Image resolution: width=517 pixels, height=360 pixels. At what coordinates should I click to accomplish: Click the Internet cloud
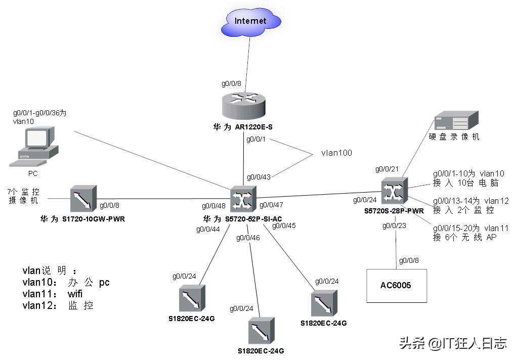pyautogui.click(x=250, y=22)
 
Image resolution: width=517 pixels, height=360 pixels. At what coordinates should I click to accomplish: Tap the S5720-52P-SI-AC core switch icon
pyautogui.click(x=243, y=199)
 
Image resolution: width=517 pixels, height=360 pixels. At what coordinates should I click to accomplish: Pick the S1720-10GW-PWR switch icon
pyautogui.click(x=83, y=199)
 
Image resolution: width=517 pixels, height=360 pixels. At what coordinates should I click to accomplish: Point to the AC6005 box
pyautogui.click(x=396, y=286)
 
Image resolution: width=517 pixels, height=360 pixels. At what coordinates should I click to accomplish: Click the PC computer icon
pyautogui.click(x=34, y=148)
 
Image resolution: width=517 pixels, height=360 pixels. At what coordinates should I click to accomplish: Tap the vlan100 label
pyautogui.click(x=336, y=153)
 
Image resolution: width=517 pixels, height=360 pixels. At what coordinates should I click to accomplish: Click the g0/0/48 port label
pyautogui.click(x=214, y=206)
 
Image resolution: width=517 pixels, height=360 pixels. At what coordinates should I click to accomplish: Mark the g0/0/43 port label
pyautogui.click(x=259, y=177)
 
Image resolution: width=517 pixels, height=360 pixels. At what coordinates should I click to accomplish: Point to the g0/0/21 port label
pyautogui.click(x=387, y=168)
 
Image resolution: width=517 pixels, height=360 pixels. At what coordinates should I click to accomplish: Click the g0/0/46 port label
pyautogui.click(x=248, y=237)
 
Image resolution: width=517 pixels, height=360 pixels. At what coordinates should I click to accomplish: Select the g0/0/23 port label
pyautogui.click(x=395, y=226)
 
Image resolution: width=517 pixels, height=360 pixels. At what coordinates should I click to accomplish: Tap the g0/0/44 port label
pyautogui.click(x=208, y=230)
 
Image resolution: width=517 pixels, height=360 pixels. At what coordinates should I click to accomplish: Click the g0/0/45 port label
pyautogui.click(x=284, y=226)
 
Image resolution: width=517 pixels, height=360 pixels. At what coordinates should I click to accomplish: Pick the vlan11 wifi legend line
pyautogui.click(x=53, y=294)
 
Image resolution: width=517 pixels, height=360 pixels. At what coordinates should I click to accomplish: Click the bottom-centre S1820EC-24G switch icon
pyautogui.click(x=262, y=331)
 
